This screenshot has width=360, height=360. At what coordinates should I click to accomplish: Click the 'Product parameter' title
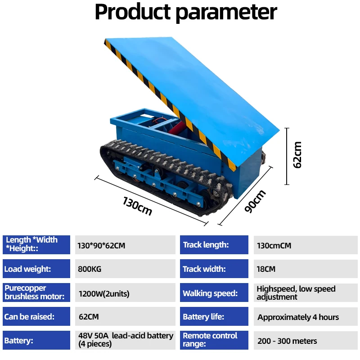pos(186,12)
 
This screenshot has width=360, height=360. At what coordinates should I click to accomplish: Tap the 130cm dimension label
pos(137,206)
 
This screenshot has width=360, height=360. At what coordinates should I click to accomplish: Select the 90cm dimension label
pos(255,201)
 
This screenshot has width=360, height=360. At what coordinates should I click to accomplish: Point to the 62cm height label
pos(297,155)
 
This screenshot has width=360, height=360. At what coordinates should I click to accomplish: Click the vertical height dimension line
pos(287,156)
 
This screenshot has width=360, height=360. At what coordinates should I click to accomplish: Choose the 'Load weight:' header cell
pos(36,269)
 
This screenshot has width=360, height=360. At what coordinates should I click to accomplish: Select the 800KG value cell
pos(125,269)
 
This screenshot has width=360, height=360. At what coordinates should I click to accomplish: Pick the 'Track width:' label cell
pos(214,269)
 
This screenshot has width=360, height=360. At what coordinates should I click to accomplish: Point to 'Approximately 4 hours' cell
pos(306,316)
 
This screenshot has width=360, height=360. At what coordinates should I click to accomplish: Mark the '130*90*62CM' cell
pos(125,245)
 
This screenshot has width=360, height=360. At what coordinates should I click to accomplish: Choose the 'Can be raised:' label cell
pos(36,316)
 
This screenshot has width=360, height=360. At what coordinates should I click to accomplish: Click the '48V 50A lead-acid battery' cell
pos(125,340)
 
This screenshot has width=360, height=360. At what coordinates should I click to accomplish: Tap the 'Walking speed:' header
pos(214,292)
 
